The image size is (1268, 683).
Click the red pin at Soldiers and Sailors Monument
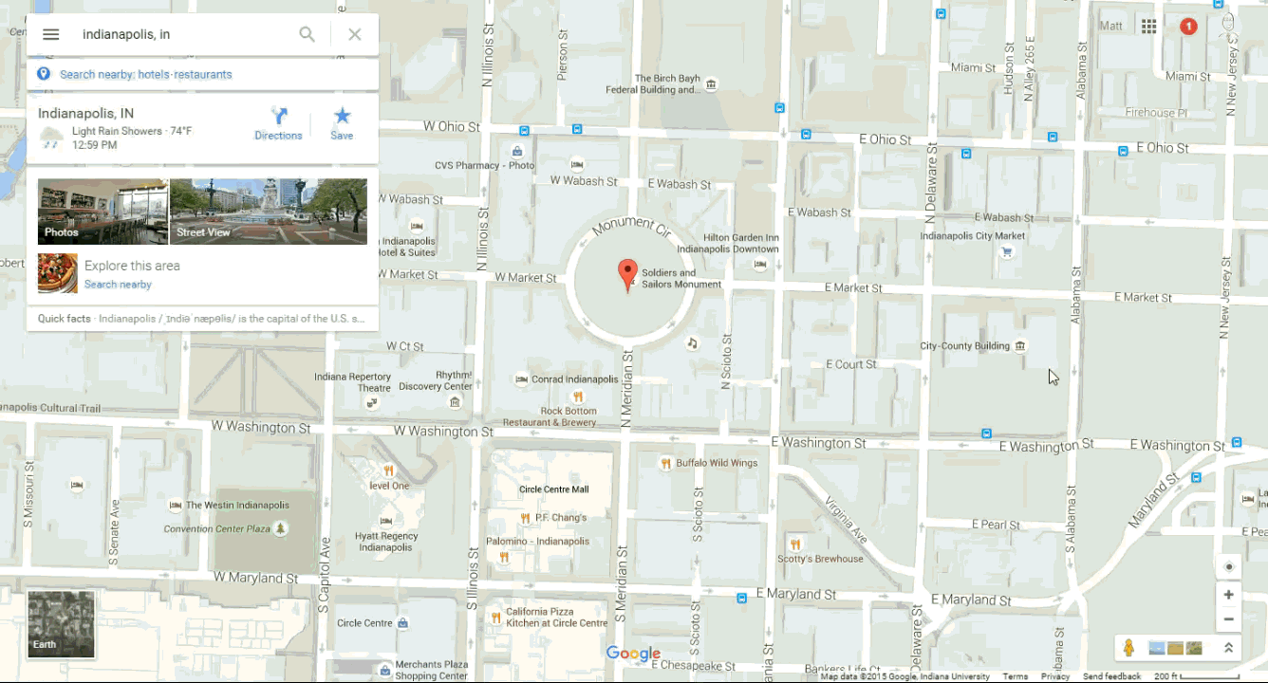pyautogui.click(x=626, y=273)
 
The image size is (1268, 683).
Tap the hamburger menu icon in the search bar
pyautogui.click(x=51, y=34)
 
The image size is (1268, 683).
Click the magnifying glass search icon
pyautogui.click(x=307, y=34)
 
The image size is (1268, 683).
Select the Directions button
pyautogui.click(x=278, y=123)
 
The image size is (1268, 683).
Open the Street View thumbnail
pyautogui.click(x=269, y=212)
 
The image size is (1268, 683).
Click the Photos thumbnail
pyautogui.click(x=103, y=212)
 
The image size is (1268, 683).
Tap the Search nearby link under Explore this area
pyautogui.click(x=118, y=285)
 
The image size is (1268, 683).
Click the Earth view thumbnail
pyautogui.click(x=61, y=624)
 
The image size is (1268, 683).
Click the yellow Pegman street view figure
pyautogui.click(x=1128, y=648)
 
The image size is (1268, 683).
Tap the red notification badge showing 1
pyautogui.click(x=1187, y=27)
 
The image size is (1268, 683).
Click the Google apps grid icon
pyautogui.click(x=1148, y=27)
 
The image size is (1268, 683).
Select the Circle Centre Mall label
pyautogui.click(x=553, y=489)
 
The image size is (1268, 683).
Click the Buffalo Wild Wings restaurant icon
pyautogui.click(x=666, y=463)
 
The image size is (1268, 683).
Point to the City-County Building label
pyautogui.click(x=964, y=346)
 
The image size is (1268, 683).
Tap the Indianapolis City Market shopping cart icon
pyautogui.click(x=1007, y=252)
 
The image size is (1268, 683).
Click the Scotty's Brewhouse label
pyautogui.click(x=820, y=559)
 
